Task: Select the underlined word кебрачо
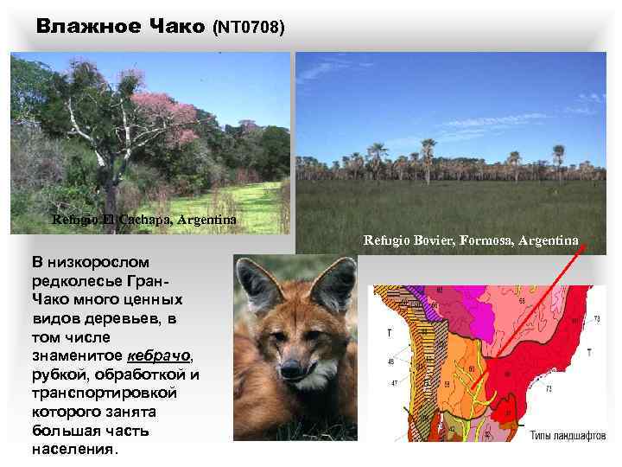[x=160, y=355]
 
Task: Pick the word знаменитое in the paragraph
[x=78, y=355]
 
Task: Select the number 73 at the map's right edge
[x=597, y=319]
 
